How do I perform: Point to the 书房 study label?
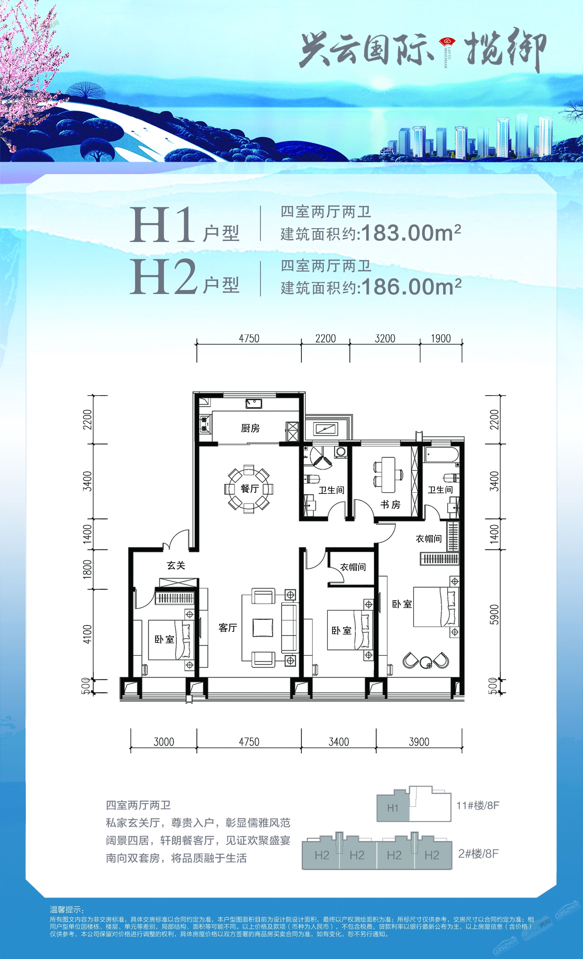pyautogui.click(x=390, y=505)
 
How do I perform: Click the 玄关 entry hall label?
pyautogui.click(x=176, y=565)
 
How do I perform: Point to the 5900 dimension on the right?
pyautogui.click(x=494, y=614)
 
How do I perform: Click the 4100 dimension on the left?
pyautogui.click(x=88, y=634)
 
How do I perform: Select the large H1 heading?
pyautogui.click(x=162, y=226)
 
